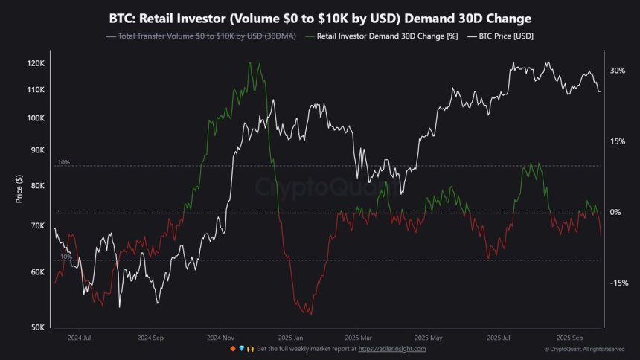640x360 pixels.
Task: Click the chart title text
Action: tap(320, 17)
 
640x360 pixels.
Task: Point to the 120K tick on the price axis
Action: tap(36, 64)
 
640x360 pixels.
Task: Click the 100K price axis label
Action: tap(36, 118)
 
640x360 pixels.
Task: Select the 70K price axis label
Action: tap(37, 225)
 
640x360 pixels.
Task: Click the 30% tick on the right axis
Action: tap(617, 71)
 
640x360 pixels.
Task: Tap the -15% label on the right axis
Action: tap(617, 283)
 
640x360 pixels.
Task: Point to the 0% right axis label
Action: tap(617, 213)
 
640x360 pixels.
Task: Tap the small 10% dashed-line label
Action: tap(63, 162)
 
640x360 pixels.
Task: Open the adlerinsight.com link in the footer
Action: tap(393, 349)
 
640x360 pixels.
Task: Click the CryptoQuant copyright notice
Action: tap(584, 349)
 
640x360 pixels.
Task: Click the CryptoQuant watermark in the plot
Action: tap(320, 187)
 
